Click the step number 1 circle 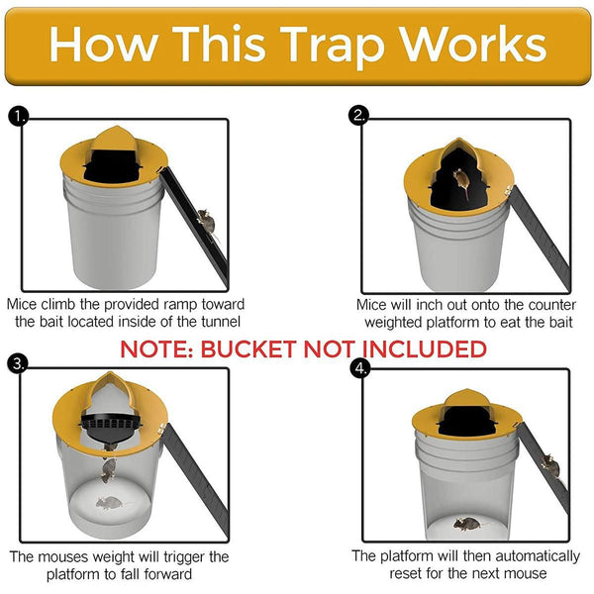click(17, 117)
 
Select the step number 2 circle click(359, 117)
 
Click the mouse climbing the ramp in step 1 click(206, 220)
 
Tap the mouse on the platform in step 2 click(460, 178)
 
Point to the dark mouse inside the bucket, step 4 click(467, 522)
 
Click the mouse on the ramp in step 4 click(550, 462)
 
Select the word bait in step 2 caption click(559, 323)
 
